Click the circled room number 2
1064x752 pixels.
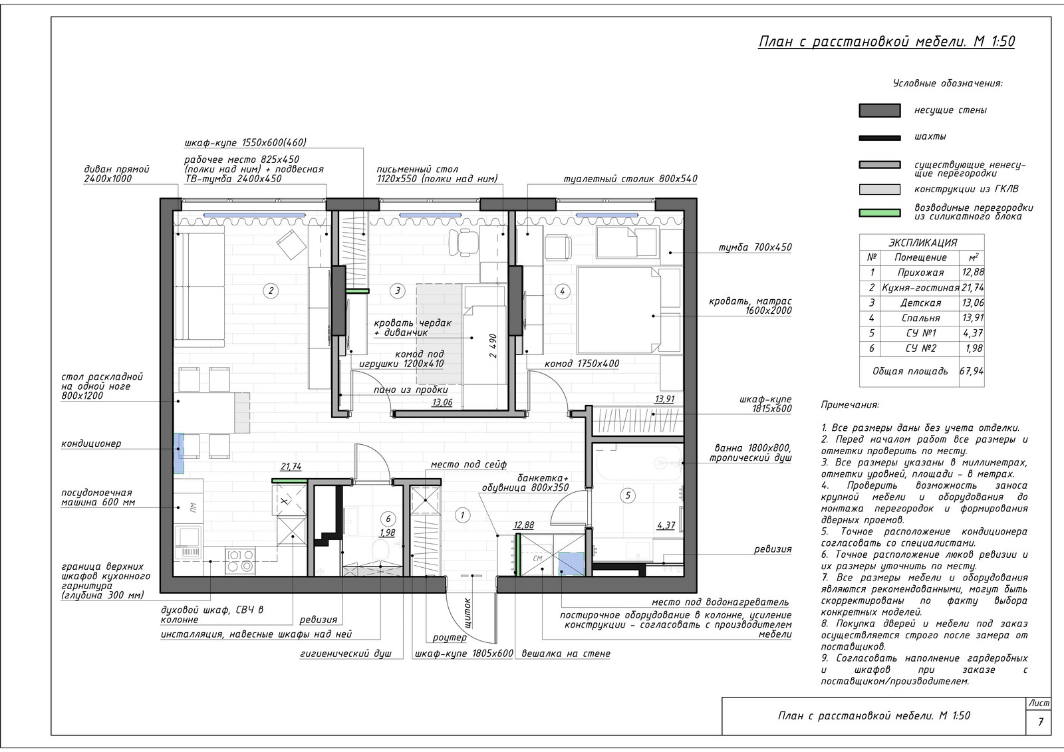coord(271,291)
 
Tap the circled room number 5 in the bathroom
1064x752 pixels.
coord(628,496)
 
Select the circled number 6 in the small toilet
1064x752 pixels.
coord(388,519)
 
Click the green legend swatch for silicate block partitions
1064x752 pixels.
coord(880,213)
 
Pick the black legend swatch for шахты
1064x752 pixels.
coord(880,138)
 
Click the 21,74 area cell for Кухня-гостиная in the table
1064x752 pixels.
coord(972,288)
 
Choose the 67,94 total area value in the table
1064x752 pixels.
coord(972,371)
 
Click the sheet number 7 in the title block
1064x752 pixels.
coord(1041,723)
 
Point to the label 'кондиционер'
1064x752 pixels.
coord(91,443)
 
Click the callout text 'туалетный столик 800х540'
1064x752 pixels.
coord(630,179)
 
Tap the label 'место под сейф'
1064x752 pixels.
coord(468,465)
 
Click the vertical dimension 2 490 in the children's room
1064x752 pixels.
coord(493,345)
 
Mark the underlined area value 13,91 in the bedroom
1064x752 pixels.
coord(664,399)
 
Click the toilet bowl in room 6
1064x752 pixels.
coord(380,551)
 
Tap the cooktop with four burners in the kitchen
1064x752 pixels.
coord(240,561)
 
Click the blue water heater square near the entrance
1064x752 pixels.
coord(571,564)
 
